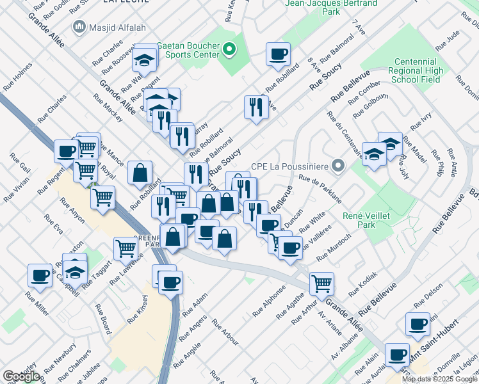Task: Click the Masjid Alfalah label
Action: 110,28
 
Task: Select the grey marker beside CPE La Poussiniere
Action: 339,166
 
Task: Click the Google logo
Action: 22,376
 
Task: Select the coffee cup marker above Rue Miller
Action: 40,276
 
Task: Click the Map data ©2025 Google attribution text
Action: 439,379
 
